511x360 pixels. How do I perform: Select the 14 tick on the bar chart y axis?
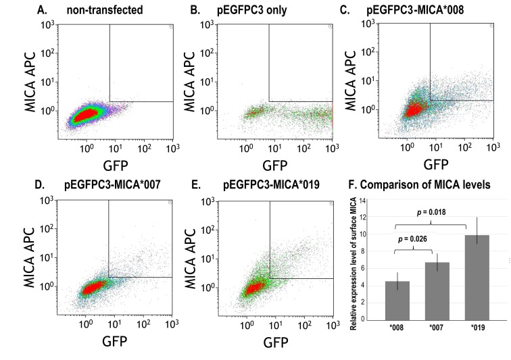click(363, 201)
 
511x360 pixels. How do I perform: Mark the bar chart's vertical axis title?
click(353, 260)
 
